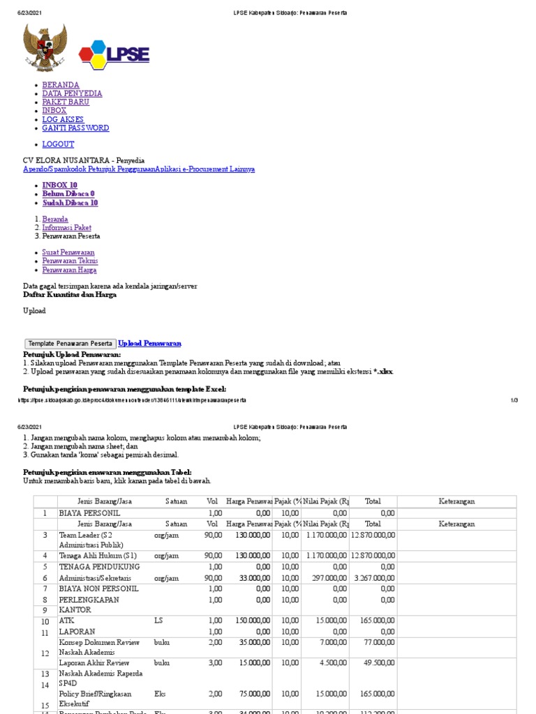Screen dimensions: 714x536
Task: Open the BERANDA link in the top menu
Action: point(61,85)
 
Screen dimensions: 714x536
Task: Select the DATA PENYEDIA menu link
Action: point(72,93)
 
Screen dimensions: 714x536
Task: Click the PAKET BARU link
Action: point(66,102)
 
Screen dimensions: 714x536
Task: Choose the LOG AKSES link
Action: point(63,119)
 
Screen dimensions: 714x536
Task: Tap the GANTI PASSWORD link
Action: point(75,128)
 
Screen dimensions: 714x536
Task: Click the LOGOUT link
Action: point(58,144)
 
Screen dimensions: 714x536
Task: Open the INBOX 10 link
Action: point(59,185)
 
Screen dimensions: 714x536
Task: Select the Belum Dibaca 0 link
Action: point(68,194)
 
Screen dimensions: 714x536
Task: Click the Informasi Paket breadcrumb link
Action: point(66,228)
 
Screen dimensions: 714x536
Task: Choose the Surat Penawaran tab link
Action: point(68,252)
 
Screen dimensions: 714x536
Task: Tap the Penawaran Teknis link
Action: point(70,261)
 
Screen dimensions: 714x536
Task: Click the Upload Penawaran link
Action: point(149,344)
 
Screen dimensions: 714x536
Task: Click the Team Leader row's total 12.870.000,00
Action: point(373,535)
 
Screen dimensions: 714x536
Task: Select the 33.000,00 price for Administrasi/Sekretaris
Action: point(248,578)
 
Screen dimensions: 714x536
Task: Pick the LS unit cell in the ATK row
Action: point(158,620)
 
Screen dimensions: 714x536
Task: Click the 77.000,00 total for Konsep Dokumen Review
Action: point(379,642)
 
